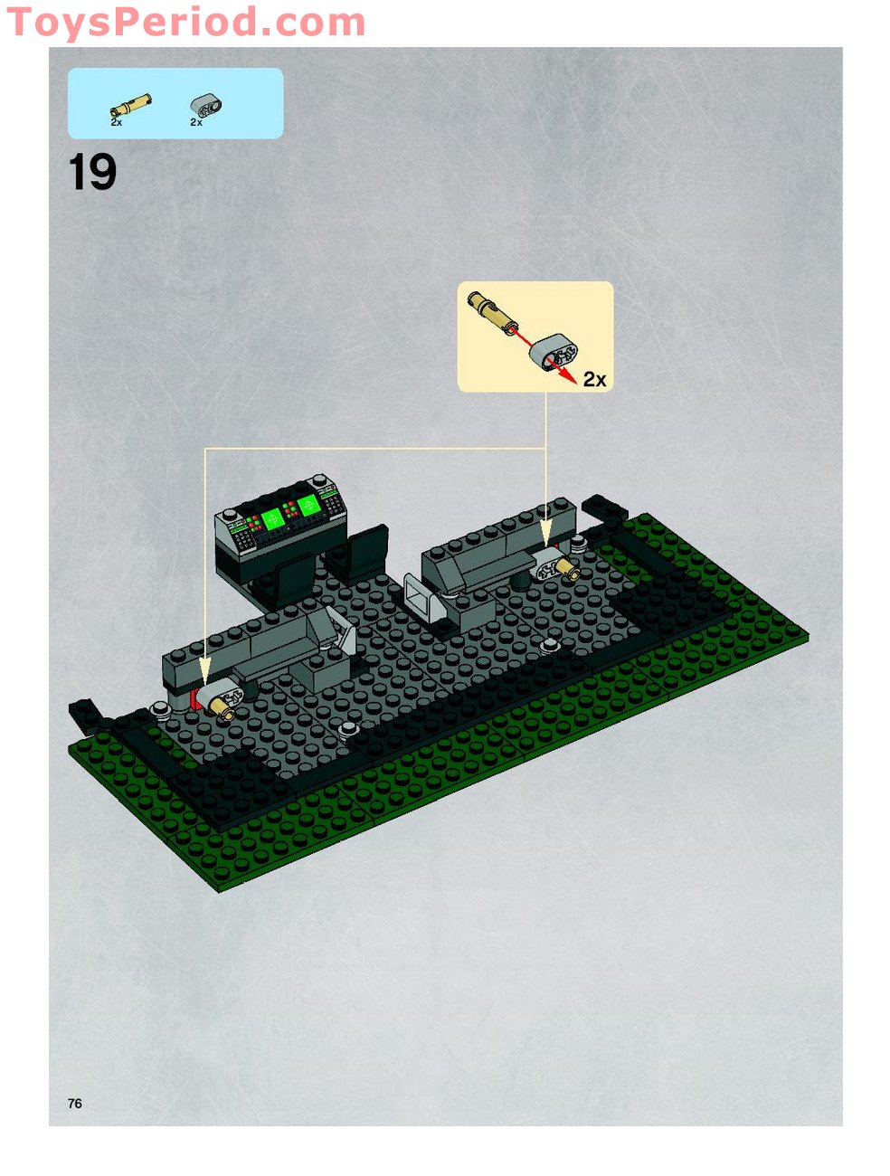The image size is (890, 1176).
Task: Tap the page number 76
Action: (74, 1103)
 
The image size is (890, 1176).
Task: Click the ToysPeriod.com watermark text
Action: (185, 23)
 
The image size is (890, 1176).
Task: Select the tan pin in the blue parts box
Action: (130, 105)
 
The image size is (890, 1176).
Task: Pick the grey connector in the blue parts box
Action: (207, 105)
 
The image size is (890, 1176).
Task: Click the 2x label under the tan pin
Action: (117, 121)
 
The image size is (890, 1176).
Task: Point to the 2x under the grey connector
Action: (196, 122)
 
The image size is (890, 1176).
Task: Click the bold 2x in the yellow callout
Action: (594, 380)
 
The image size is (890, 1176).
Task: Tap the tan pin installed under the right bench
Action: (568, 569)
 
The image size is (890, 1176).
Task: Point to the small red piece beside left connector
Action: (194, 698)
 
